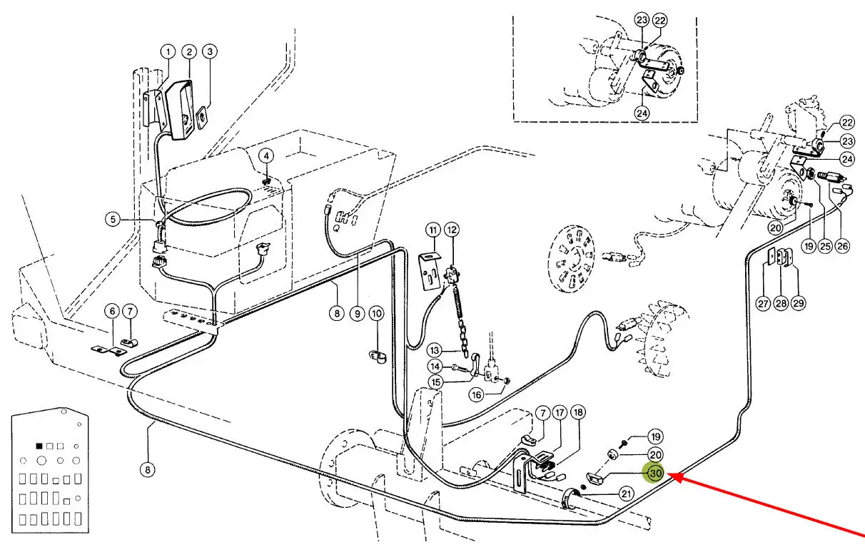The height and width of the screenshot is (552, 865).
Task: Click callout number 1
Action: coord(168,52)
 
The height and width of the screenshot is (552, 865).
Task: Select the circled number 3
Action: coord(210,51)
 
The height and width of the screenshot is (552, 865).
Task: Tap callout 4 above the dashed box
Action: coord(266,156)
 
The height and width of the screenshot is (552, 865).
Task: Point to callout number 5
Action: coord(113,220)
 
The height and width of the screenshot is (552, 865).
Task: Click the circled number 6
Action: coord(112,311)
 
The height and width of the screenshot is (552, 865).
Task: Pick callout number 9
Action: coord(357,314)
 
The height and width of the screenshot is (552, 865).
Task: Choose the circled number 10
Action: coord(377,314)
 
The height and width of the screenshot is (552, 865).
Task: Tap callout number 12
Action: coord(452,230)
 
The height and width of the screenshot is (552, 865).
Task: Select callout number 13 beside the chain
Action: coord(435,350)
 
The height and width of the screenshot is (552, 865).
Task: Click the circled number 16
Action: coord(477,395)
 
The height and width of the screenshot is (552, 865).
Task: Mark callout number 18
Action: coord(577,413)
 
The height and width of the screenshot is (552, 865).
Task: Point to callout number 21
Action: coord(626,494)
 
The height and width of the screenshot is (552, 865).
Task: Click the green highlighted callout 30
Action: coord(656,474)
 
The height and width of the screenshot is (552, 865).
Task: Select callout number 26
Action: coord(842,246)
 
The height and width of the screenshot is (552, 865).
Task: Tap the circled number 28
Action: coord(781,303)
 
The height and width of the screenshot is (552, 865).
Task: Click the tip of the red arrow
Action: coord(667,475)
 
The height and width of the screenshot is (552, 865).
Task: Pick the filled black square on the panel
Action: coord(39,446)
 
